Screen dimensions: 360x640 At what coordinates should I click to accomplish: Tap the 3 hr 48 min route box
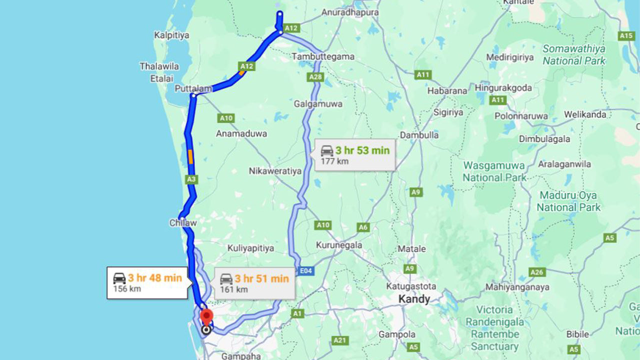pos(148,283)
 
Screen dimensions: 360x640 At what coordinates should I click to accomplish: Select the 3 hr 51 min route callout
pos(254,283)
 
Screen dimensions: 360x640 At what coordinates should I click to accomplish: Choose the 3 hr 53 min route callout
pos(354,155)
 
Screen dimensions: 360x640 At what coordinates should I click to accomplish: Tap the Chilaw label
pos(182,223)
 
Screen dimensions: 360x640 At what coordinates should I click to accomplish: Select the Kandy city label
pos(414,299)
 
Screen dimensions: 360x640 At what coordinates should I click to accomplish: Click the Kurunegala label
pos(339,245)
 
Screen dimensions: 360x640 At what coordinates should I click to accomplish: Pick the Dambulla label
pos(419,135)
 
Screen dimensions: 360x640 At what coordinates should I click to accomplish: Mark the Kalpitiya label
pos(171,35)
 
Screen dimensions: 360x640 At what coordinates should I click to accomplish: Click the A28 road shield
pos(316,77)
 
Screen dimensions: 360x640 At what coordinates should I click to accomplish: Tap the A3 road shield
pos(191,178)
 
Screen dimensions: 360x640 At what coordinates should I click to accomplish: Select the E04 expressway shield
pos(306,270)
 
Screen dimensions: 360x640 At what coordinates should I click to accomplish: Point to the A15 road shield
pos(626,35)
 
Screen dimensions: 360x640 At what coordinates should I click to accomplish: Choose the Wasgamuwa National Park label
pos(494,171)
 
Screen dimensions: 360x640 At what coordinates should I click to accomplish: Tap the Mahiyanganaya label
pos(517,287)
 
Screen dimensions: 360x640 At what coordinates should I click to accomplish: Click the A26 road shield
pos(537,272)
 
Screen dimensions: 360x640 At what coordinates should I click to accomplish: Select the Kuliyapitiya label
pos(250,248)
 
